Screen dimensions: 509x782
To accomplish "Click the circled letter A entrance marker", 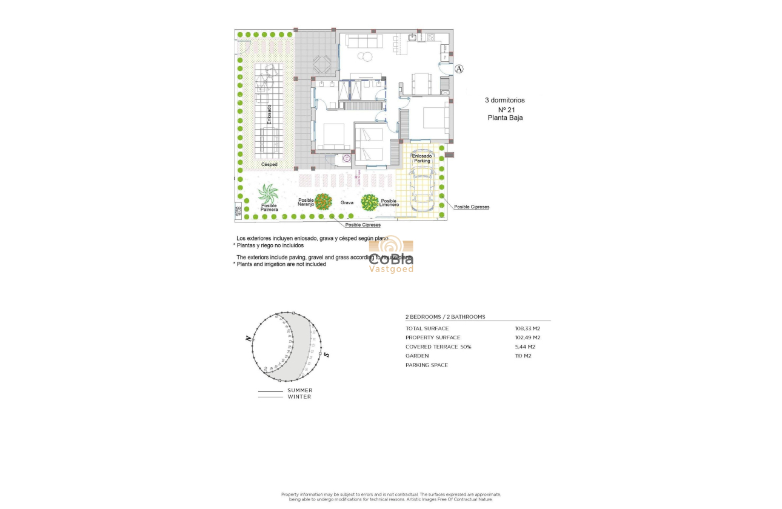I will pyautogui.click(x=460, y=69).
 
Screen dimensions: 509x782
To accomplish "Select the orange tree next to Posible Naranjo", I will pyautogui.click(x=324, y=202).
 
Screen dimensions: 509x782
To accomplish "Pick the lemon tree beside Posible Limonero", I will pyautogui.click(x=370, y=202).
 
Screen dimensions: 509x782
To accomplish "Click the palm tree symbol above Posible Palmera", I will pyautogui.click(x=268, y=195).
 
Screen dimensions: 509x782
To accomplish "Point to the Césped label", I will pyautogui.click(x=269, y=164).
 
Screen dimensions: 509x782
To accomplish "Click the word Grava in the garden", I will pyautogui.click(x=347, y=203).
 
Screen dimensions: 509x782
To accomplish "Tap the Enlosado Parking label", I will pyautogui.click(x=422, y=158).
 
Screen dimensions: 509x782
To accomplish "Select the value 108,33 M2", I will pyautogui.click(x=527, y=328).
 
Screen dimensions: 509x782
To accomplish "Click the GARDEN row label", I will pyautogui.click(x=417, y=356).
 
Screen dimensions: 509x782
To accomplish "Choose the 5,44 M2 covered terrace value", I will pyautogui.click(x=525, y=347).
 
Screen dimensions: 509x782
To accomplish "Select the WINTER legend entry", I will pyautogui.click(x=299, y=397).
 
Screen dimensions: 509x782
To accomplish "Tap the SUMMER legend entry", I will pyautogui.click(x=299, y=390).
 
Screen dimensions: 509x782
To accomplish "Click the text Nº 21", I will pyautogui.click(x=504, y=110).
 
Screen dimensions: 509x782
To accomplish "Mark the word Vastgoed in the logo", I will pyautogui.click(x=392, y=268).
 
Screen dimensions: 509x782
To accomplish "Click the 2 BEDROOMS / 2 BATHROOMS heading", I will pyautogui.click(x=445, y=317).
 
